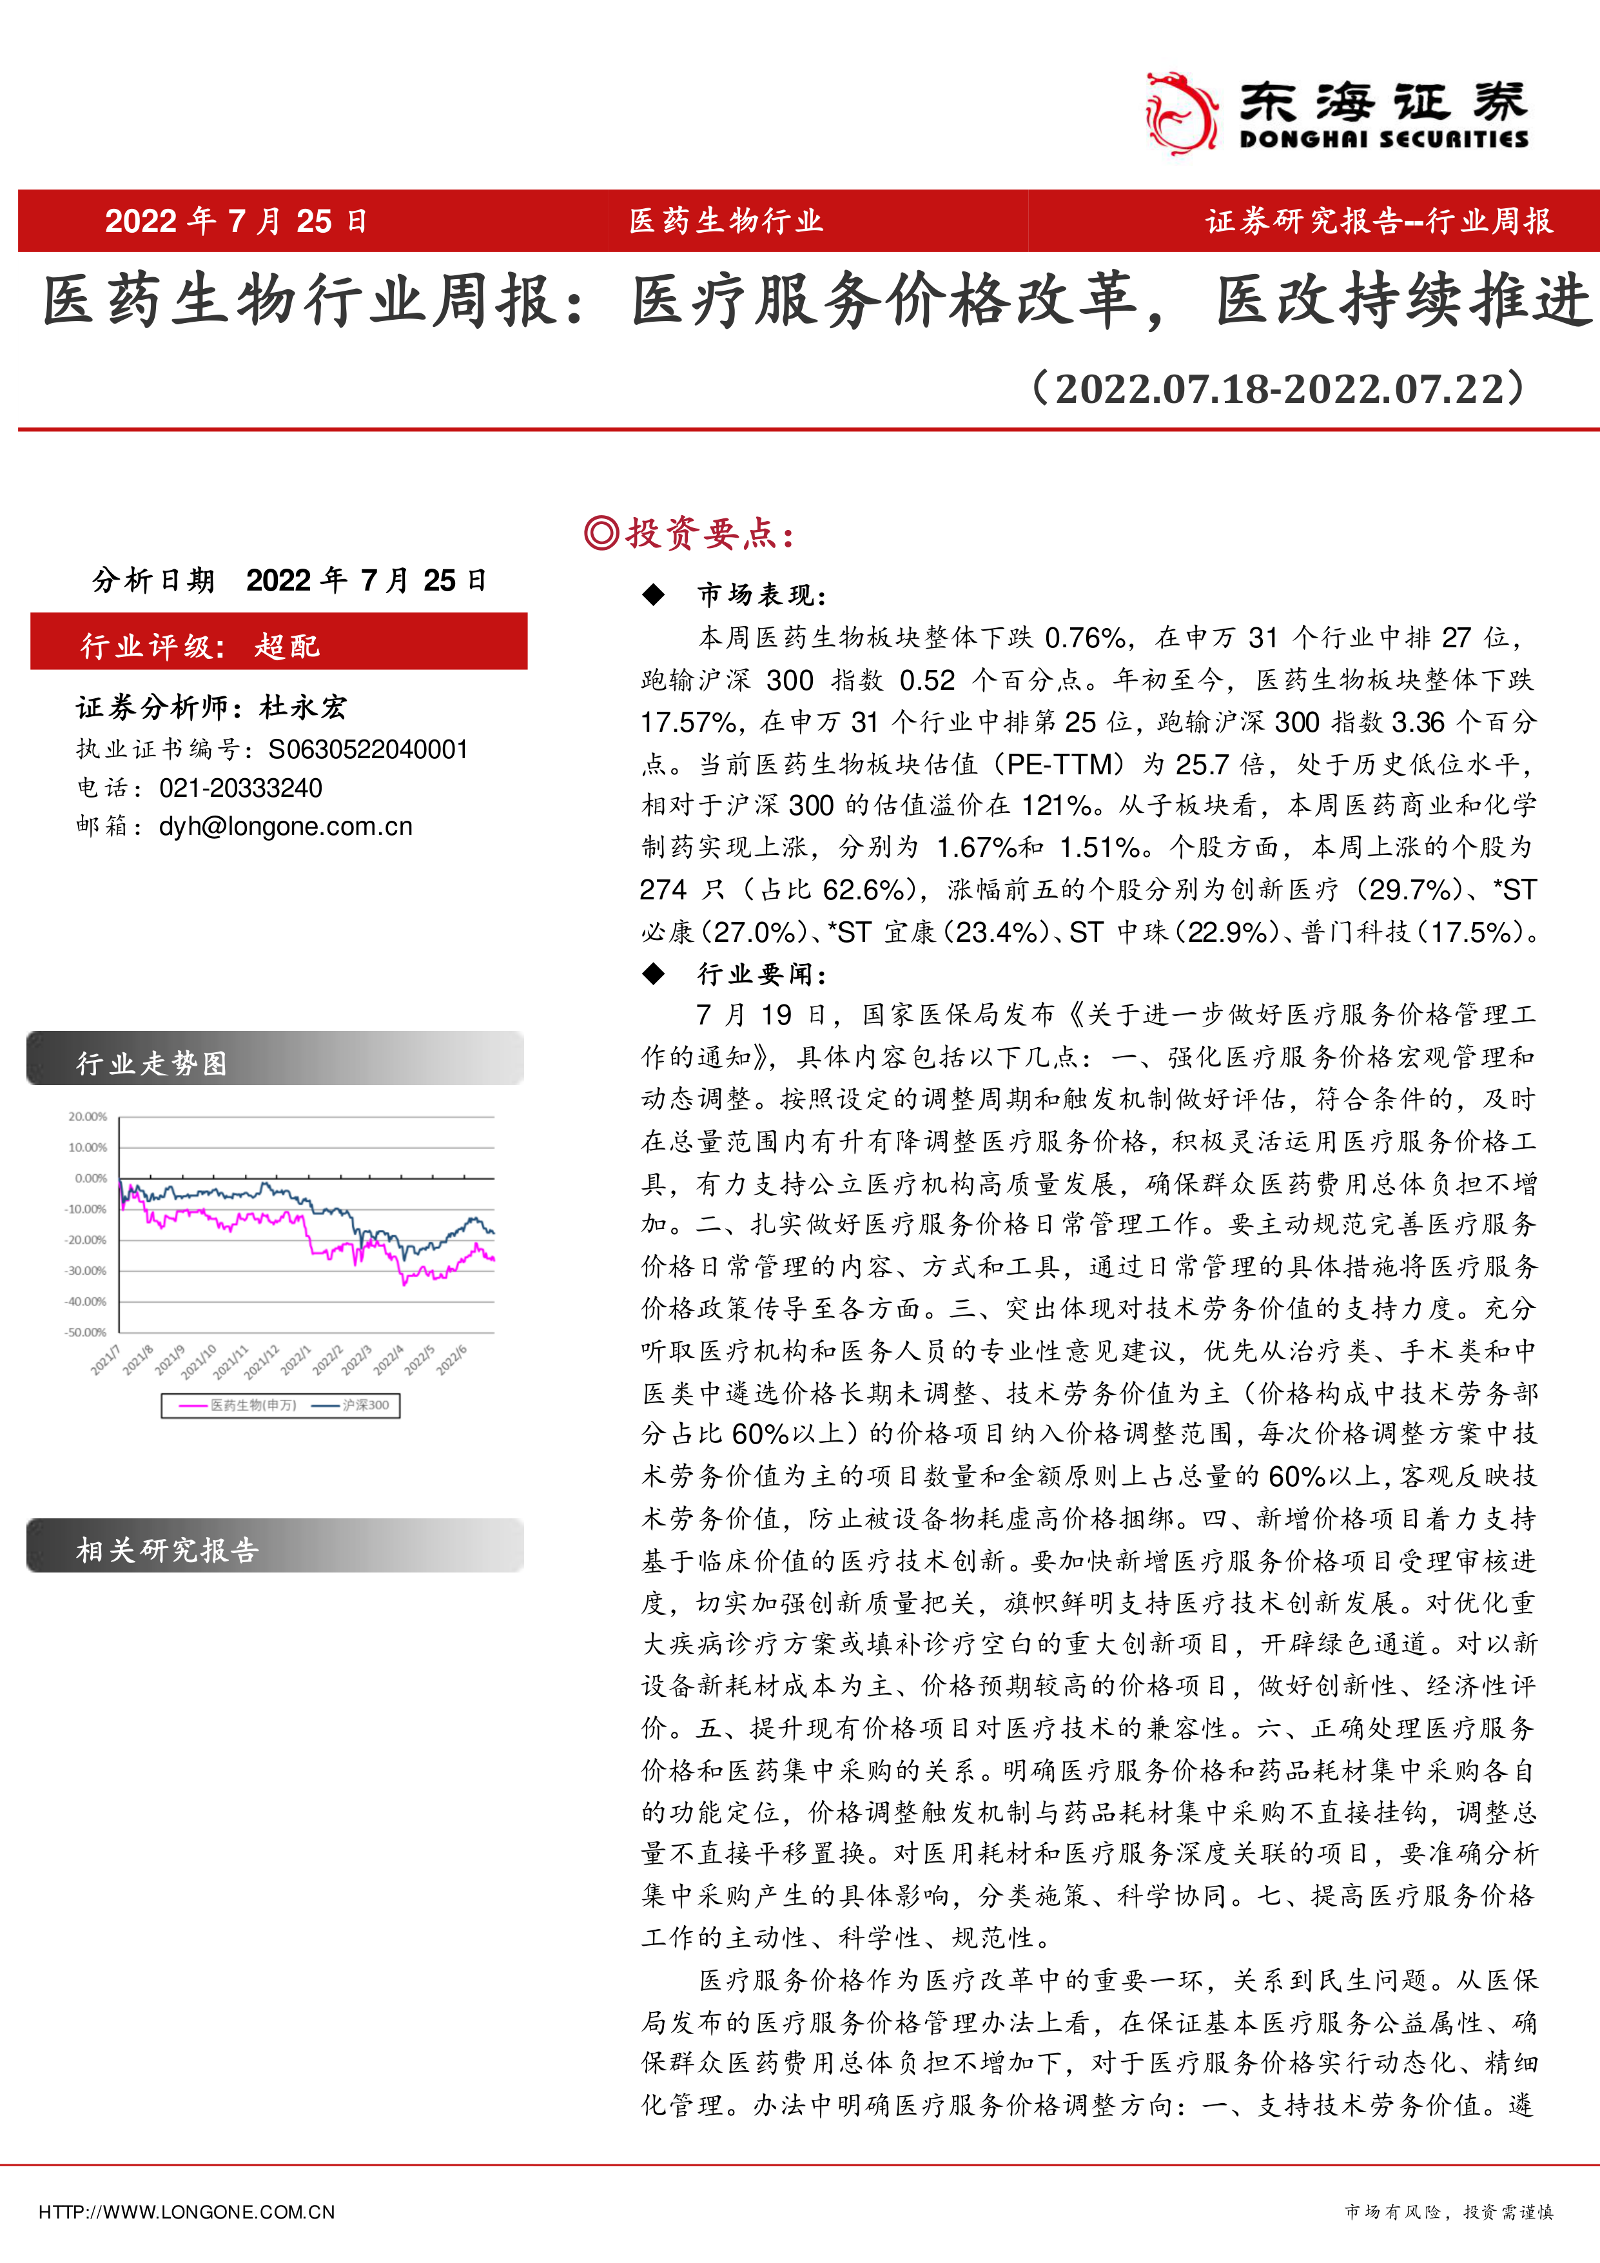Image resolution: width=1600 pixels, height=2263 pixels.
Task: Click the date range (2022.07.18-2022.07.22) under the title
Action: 1278,388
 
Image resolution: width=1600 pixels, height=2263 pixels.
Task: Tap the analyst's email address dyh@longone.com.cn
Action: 286,826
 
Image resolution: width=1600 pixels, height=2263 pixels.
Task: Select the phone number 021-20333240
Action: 240,787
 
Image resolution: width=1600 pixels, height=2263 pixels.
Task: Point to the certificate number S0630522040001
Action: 367,749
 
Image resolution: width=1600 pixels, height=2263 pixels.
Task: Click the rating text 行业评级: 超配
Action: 200,645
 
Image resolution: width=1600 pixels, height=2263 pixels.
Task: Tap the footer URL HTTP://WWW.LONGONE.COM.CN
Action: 186,2212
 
